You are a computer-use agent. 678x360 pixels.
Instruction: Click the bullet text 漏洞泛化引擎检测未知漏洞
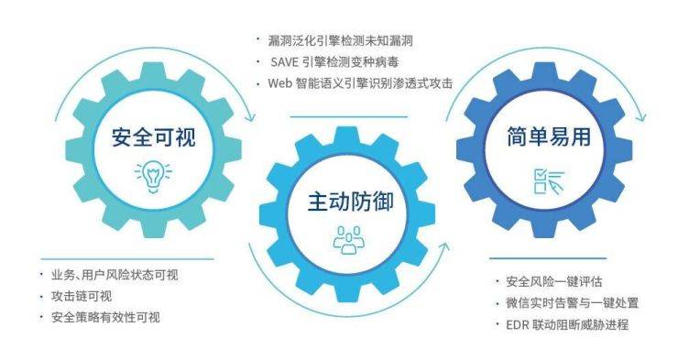tap(339, 41)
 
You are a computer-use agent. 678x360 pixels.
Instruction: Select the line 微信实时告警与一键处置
tap(572, 303)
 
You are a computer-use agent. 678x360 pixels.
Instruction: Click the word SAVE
tap(282, 63)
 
